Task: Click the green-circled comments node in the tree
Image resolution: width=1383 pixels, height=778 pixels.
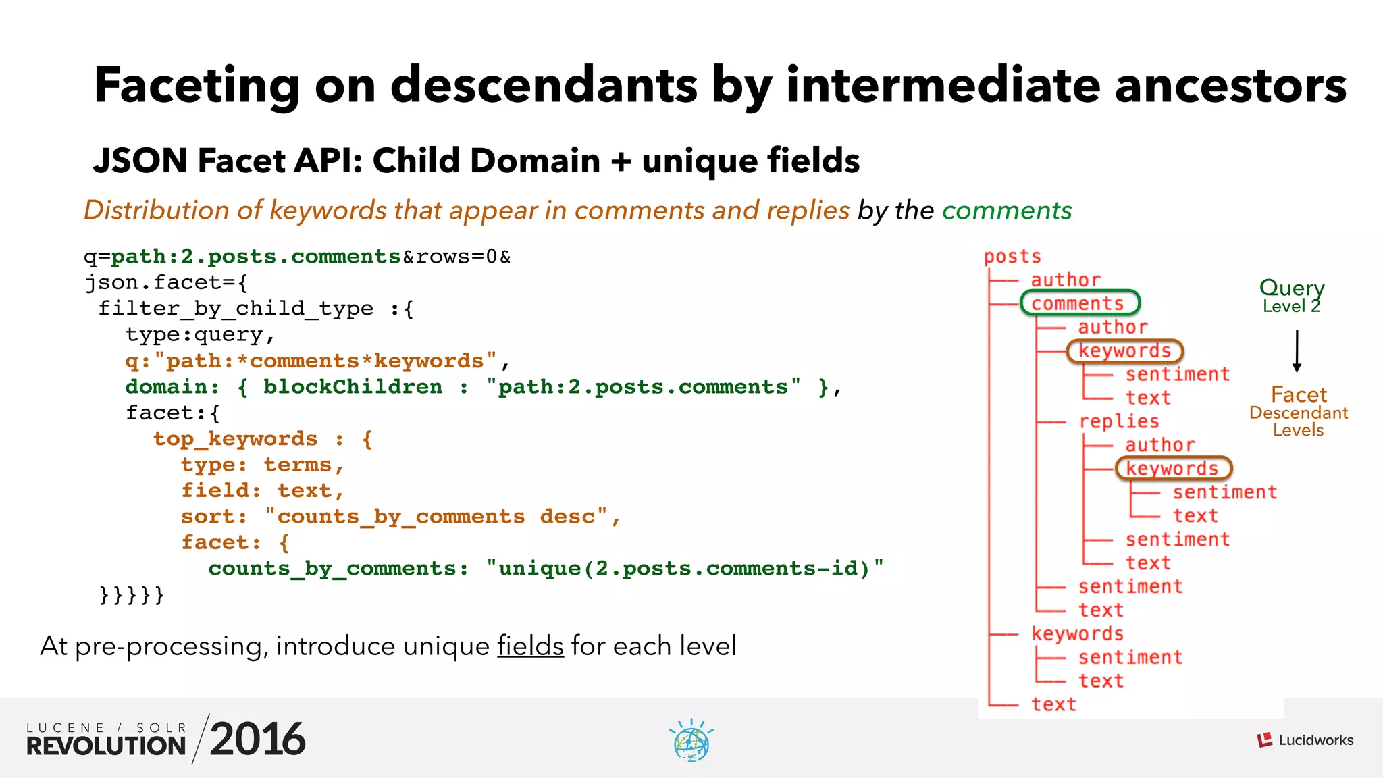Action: click(1079, 303)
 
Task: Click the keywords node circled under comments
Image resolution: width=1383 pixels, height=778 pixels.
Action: click(1124, 351)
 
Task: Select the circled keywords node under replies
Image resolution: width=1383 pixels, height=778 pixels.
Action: click(1172, 468)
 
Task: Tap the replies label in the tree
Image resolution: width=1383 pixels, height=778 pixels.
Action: click(1118, 421)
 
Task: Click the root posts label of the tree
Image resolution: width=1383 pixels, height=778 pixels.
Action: click(1012, 257)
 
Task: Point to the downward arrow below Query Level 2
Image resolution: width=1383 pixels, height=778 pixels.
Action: click(1297, 351)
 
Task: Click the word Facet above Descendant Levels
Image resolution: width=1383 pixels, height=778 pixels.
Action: click(1298, 394)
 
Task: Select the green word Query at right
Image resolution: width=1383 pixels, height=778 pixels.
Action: click(1291, 287)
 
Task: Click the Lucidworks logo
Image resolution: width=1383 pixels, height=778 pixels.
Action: click(1305, 740)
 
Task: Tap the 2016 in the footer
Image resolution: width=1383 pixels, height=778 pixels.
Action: click(257, 739)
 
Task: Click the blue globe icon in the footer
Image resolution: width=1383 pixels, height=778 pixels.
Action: click(691, 742)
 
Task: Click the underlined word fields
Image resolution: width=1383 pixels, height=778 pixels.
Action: click(530, 646)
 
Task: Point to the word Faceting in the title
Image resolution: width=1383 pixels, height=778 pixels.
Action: click(196, 85)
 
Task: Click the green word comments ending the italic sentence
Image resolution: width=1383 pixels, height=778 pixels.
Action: click(1006, 211)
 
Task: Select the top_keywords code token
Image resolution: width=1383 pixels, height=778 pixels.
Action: click(235, 439)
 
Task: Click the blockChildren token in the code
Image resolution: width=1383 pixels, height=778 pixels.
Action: click(353, 387)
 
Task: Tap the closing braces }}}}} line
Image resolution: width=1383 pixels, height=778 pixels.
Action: click(132, 595)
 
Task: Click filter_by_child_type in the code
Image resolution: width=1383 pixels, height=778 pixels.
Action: click(236, 309)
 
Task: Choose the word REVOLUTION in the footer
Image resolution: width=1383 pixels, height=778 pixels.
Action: click(106, 746)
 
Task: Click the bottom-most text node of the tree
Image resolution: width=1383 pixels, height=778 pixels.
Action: click(1053, 704)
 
